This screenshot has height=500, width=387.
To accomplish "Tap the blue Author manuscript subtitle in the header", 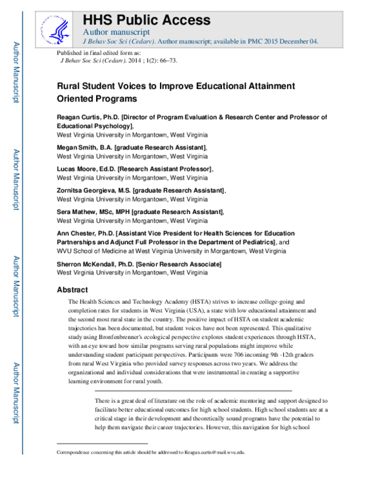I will click(x=117, y=32).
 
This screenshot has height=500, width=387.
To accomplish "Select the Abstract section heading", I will click(x=72, y=290).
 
